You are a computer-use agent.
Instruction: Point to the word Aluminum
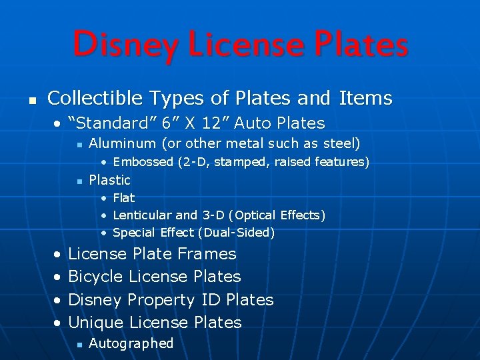click(x=118, y=143)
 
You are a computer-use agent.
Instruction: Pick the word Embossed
click(x=143, y=162)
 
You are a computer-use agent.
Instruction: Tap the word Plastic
click(x=109, y=180)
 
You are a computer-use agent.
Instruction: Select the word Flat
click(x=124, y=198)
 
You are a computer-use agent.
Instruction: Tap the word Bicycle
click(x=96, y=277)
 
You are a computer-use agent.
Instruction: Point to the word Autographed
click(x=131, y=344)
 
